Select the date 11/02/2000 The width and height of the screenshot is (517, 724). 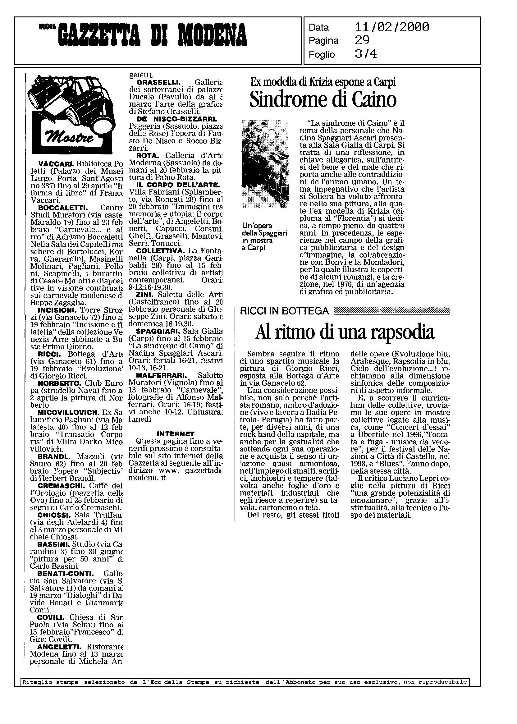(x=391, y=27)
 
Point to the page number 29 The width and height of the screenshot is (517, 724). (x=362, y=40)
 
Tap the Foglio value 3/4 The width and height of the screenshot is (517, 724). (x=366, y=54)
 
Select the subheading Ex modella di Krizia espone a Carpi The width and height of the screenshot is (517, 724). (x=323, y=82)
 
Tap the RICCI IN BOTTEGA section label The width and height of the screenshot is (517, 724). (x=284, y=311)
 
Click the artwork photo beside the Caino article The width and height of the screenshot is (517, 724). (x=265, y=164)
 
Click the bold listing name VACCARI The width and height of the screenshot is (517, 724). (x=56, y=164)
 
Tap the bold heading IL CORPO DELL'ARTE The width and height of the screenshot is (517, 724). (x=177, y=185)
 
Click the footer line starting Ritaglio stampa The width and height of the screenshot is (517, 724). (x=245, y=682)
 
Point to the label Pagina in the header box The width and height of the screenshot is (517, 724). (x=323, y=41)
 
